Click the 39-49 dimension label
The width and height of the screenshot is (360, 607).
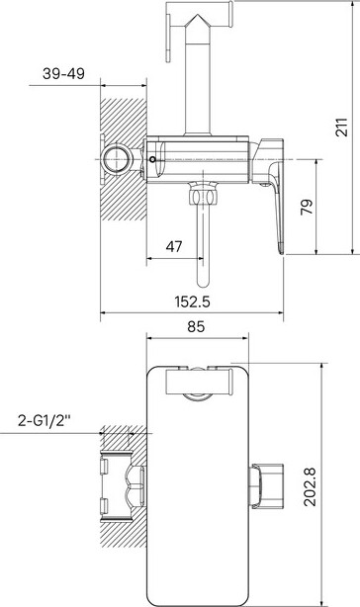pos(63,73)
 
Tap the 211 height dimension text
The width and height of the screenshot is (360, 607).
pos(342,127)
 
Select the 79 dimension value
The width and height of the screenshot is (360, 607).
pos(307,207)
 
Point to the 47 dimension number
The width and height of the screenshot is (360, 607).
pos(174,246)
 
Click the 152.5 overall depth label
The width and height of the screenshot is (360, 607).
pos(193,302)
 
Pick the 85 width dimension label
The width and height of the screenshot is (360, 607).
pos(196,326)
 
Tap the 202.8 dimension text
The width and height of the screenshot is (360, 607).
pos(311,487)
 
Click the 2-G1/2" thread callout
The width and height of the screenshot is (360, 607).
pos(45,420)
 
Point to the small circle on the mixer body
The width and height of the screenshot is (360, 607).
pos(152,159)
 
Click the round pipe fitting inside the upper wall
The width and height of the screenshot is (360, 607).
pos(116,159)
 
